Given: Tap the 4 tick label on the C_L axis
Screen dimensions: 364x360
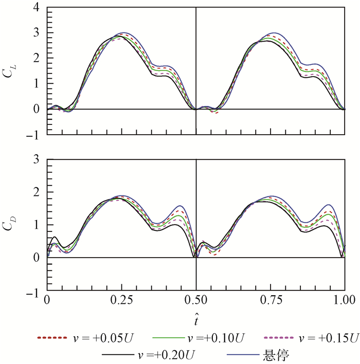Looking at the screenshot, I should [35, 7].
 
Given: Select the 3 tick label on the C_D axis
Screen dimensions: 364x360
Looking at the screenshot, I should [35, 159].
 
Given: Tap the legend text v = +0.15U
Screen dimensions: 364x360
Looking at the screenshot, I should [328, 338].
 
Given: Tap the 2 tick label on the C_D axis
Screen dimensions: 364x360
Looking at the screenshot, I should [35, 192].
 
